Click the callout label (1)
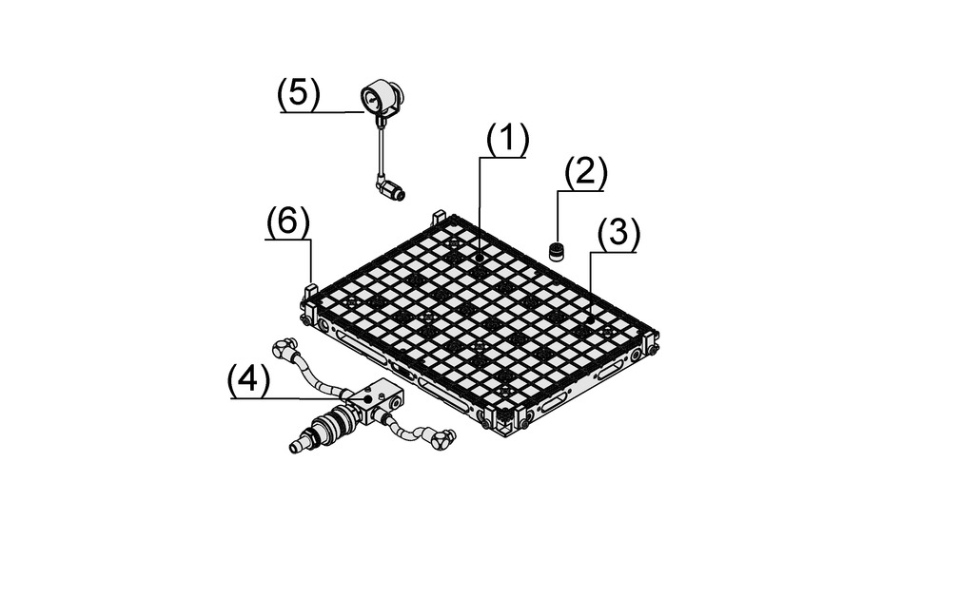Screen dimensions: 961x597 pos(507,140)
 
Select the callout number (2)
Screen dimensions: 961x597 pos(585,173)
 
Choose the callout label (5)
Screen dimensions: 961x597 pos(299,94)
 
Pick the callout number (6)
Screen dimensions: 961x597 pos(288,222)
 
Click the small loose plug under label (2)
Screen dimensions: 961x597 pos(557,251)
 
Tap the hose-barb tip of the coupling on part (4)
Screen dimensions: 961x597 pos(297,445)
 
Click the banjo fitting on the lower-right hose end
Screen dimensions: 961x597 pos(442,439)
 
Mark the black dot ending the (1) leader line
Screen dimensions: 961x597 pos(480,259)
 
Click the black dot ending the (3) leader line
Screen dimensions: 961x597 pos(590,319)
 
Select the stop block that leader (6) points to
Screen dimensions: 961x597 pos(311,296)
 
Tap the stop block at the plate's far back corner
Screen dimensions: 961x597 pos(439,218)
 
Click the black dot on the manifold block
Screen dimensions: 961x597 pos(367,398)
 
